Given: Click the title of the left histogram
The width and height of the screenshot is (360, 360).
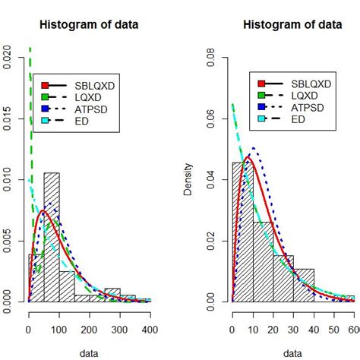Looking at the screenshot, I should coord(90,24).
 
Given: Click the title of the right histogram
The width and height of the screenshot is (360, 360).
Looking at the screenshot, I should coord(292,24).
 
